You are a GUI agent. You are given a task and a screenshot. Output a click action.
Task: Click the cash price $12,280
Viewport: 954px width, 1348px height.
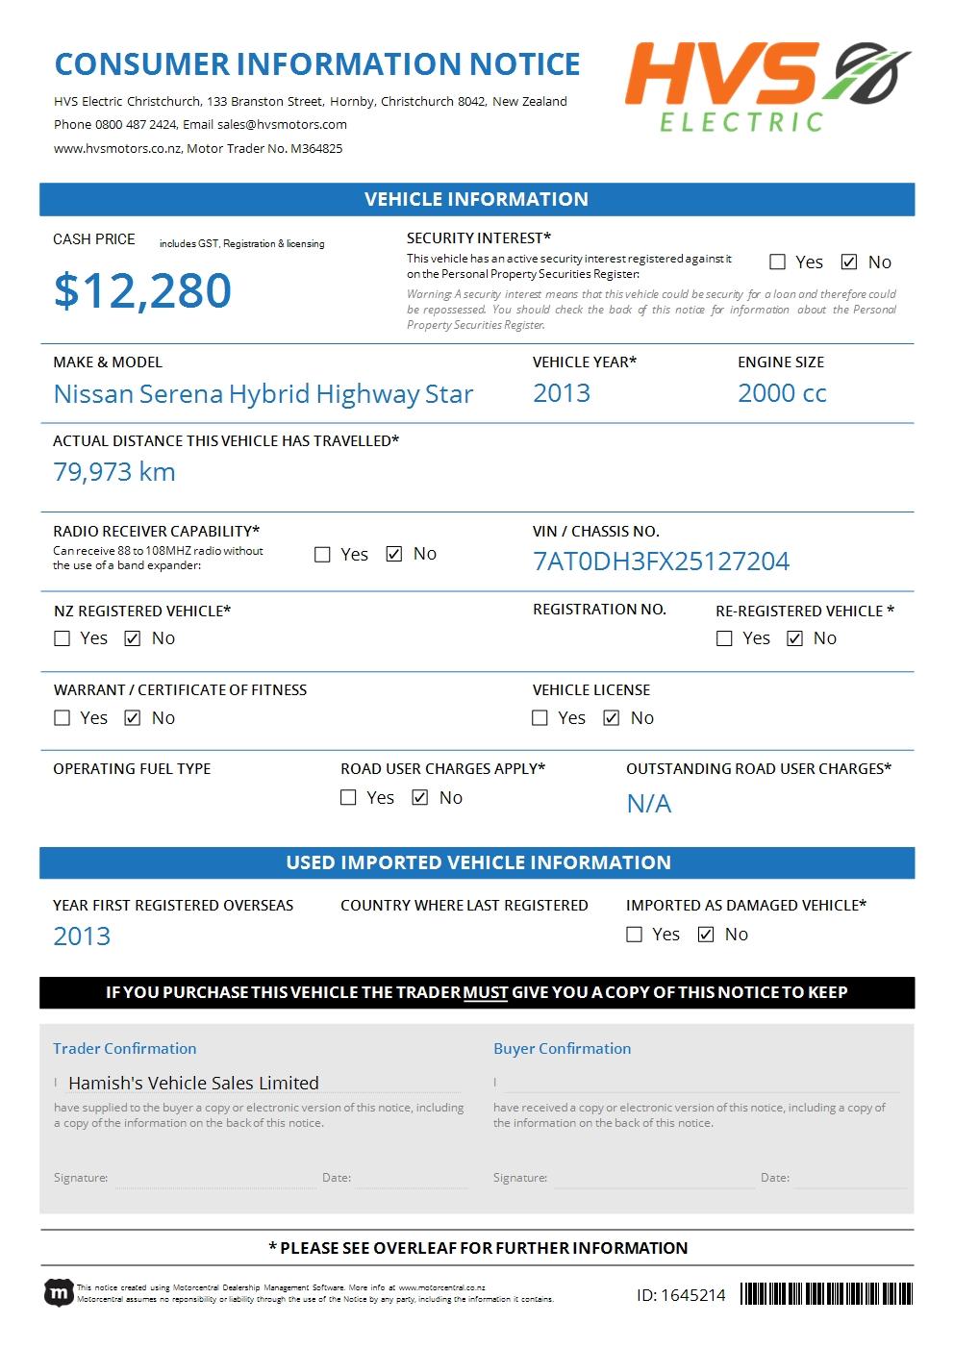pos(142,290)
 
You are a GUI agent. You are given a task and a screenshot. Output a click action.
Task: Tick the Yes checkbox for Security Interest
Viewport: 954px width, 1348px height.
pos(777,262)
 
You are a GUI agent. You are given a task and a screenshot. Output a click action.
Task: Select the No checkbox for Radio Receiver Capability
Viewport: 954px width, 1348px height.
pos(393,554)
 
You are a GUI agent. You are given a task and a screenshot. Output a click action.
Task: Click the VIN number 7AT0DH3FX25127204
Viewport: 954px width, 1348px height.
pos(661,562)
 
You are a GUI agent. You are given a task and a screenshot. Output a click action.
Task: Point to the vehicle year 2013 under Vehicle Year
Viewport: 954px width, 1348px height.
pos(562,393)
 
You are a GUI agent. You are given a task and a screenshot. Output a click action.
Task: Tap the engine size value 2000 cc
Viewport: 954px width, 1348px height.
pos(782,393)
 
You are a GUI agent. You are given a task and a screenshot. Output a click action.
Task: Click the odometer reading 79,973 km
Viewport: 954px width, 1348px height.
pos(114,472)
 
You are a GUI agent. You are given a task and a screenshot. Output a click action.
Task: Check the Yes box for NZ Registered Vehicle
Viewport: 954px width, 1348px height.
pos(63,638)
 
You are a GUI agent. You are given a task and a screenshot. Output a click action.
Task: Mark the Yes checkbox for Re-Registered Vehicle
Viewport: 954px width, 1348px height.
pos(724,638)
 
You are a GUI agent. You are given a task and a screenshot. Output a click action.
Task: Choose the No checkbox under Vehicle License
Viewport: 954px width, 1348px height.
pos(611,718)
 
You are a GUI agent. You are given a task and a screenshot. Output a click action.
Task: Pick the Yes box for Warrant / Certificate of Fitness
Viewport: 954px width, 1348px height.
pos(63,718)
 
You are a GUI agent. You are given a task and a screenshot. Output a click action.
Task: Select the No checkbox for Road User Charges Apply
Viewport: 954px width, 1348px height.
pos(419,798)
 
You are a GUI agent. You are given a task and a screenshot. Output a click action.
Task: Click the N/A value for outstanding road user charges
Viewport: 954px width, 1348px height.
pos(649,804)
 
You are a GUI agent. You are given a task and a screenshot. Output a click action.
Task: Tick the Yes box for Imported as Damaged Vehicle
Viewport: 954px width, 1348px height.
pos(634,935)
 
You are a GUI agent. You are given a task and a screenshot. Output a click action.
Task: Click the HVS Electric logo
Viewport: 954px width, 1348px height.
pos(767,87)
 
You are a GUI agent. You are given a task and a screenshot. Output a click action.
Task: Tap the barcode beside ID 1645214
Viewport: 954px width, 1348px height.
pos(826,1294)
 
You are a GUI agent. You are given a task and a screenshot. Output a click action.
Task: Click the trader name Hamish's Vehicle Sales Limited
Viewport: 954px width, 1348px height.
pos(193,1083)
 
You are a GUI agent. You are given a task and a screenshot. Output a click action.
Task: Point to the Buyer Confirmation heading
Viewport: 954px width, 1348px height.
pos(562,1048)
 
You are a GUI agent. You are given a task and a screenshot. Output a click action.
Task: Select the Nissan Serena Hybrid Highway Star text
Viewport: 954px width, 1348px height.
pos(264,394)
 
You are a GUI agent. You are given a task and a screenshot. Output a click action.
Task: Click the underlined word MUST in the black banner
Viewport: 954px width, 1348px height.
pos(486,992)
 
